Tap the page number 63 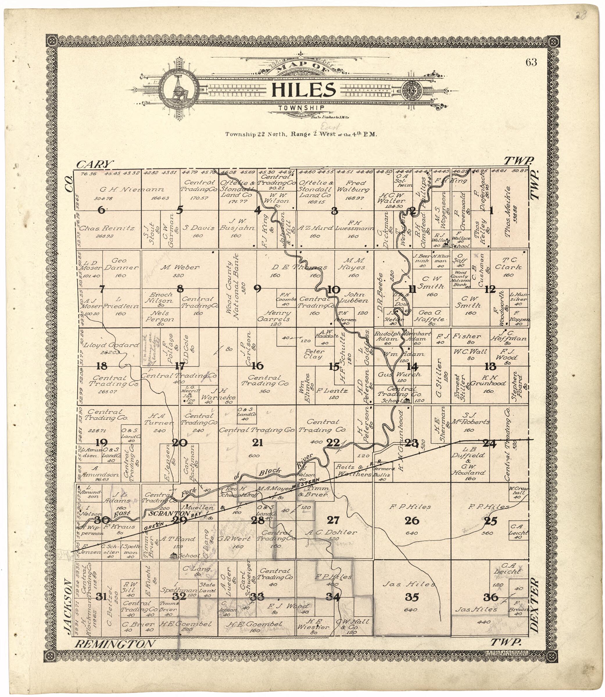click(531, 62)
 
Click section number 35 click(412, 597)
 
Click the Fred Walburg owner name click(355, 186)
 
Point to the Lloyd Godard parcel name click(111, 345)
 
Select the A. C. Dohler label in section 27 click(331, 532)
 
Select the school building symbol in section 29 click(174, 555)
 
